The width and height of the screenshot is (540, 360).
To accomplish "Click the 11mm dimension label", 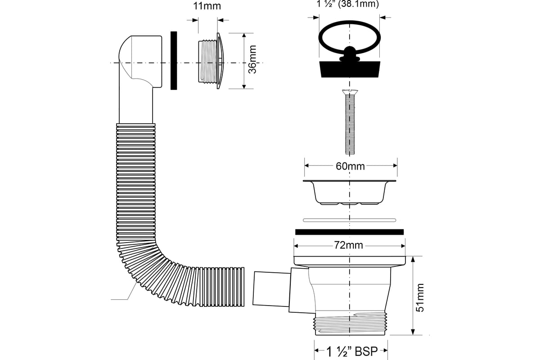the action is point(207,6).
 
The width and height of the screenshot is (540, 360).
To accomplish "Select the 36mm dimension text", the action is point(252,59).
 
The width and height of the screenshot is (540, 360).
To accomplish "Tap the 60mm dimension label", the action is point(350,166).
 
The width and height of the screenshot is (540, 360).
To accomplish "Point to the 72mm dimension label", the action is point(348,245).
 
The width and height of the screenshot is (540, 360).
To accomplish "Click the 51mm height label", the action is point(420,297).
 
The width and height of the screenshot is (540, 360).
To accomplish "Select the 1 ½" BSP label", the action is point(352,351).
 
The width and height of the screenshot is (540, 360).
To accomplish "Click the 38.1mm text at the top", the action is point(359,4).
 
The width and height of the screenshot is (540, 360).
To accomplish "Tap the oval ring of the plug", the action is point(349,22).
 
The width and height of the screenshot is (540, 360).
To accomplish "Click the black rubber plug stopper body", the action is point(350,69).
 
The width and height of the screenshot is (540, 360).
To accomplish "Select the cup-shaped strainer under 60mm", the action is point(349,192).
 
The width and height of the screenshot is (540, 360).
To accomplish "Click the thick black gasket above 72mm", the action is point(349,232).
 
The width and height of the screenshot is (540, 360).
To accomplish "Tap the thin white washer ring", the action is point(349,220).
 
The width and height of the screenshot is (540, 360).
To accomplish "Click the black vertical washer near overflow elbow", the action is point(174,60).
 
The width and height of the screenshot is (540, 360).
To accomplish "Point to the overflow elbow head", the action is point(140,62).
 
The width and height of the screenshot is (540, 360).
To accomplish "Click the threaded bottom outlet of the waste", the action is point(350,323).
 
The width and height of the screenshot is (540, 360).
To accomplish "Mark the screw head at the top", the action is point(350,92).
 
